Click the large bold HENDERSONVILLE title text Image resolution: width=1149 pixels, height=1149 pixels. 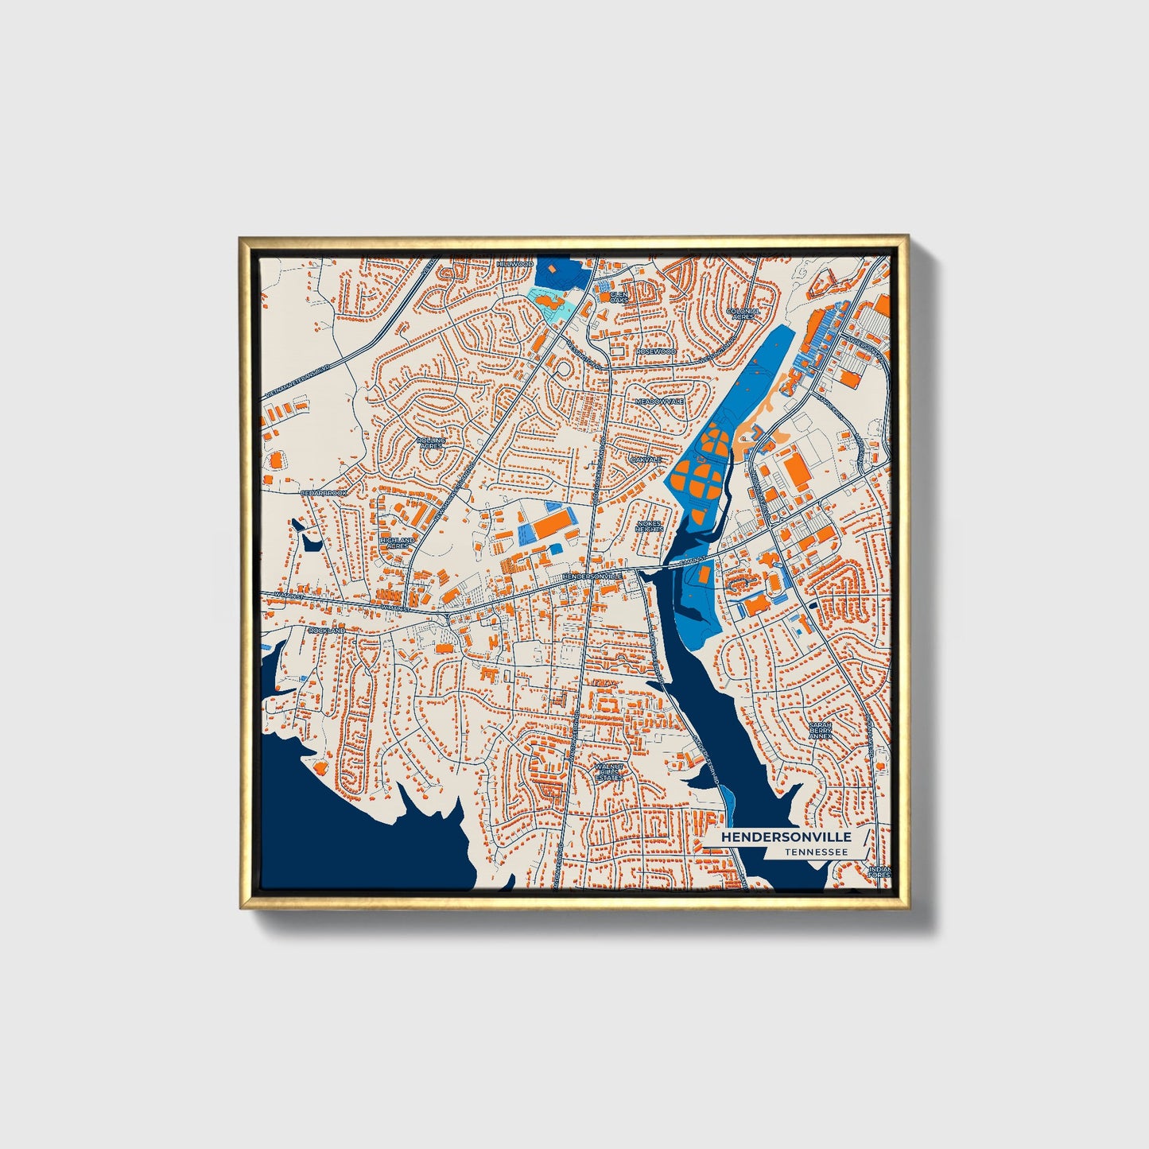click(786, 837)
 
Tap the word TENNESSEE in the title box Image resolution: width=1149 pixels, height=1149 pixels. click(814, 852)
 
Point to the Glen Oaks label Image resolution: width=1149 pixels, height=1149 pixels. click(618, 297)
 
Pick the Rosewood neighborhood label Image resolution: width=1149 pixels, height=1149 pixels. click(655, 351)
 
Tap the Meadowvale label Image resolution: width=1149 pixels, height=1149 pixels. click(659, 402)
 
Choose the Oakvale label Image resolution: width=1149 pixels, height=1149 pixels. click(645, 460)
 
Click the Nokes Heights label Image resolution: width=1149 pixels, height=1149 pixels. click(650, 526)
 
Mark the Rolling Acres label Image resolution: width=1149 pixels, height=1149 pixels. click(430, 442)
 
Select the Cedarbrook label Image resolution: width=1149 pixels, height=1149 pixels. click(324, 493)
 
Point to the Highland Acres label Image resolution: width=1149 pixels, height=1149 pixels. click(396, 543)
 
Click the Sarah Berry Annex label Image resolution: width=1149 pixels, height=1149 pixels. click(820, 730)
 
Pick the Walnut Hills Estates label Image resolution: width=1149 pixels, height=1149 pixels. click(609, 771)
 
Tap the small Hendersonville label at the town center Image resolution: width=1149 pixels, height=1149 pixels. click(591, 576)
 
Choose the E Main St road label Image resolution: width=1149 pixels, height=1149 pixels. click(681, 561)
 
